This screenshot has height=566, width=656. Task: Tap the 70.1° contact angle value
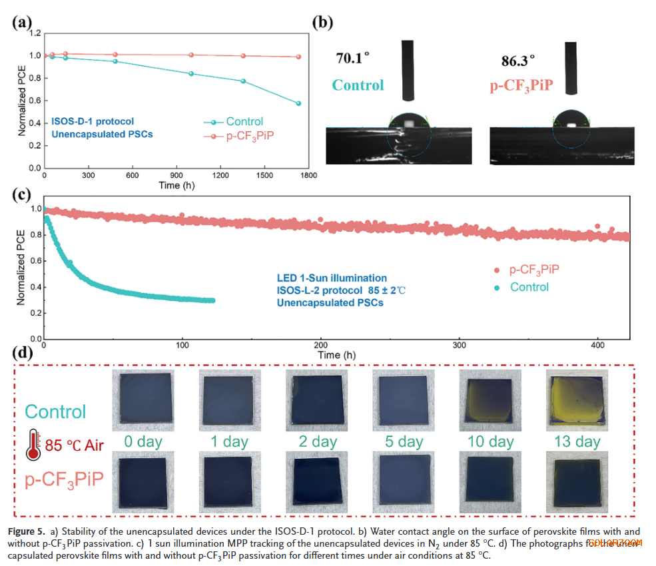[352, 58]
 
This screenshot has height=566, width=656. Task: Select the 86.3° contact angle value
[518, 61]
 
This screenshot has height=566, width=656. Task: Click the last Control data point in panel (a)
[298, 103]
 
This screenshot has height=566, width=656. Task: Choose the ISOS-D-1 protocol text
[93, 121]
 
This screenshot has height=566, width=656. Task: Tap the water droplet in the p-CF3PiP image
[571, 121]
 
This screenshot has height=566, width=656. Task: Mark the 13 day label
[577, 441]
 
